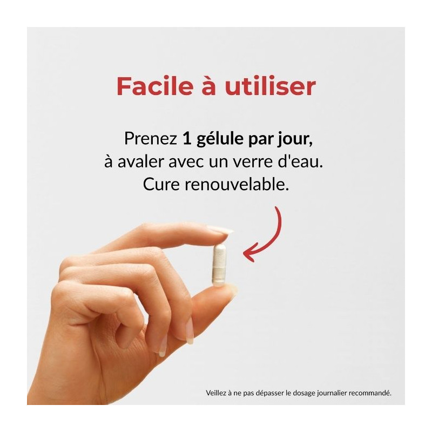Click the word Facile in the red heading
coord(154,86)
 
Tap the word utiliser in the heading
coord(271,86)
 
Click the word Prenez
coord(151,138)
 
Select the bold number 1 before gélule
coord(187,138)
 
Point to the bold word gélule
coord(220,139)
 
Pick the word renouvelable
coord(237,185)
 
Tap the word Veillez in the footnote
coord(215,393)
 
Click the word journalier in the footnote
coord(332,394)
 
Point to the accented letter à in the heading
coord(208,86)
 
